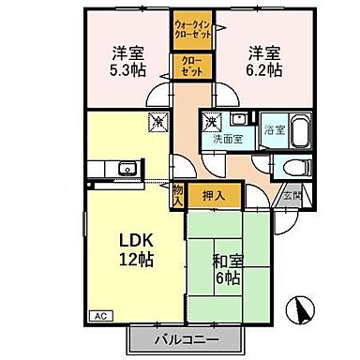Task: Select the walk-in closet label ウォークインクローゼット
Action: click(x=193, y=28)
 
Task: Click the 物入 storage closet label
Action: click(x=177, y=195)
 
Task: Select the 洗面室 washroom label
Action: click(x=226, y=140)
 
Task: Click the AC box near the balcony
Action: click(x=97, y=317)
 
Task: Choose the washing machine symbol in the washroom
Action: click(x=212, y=121)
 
